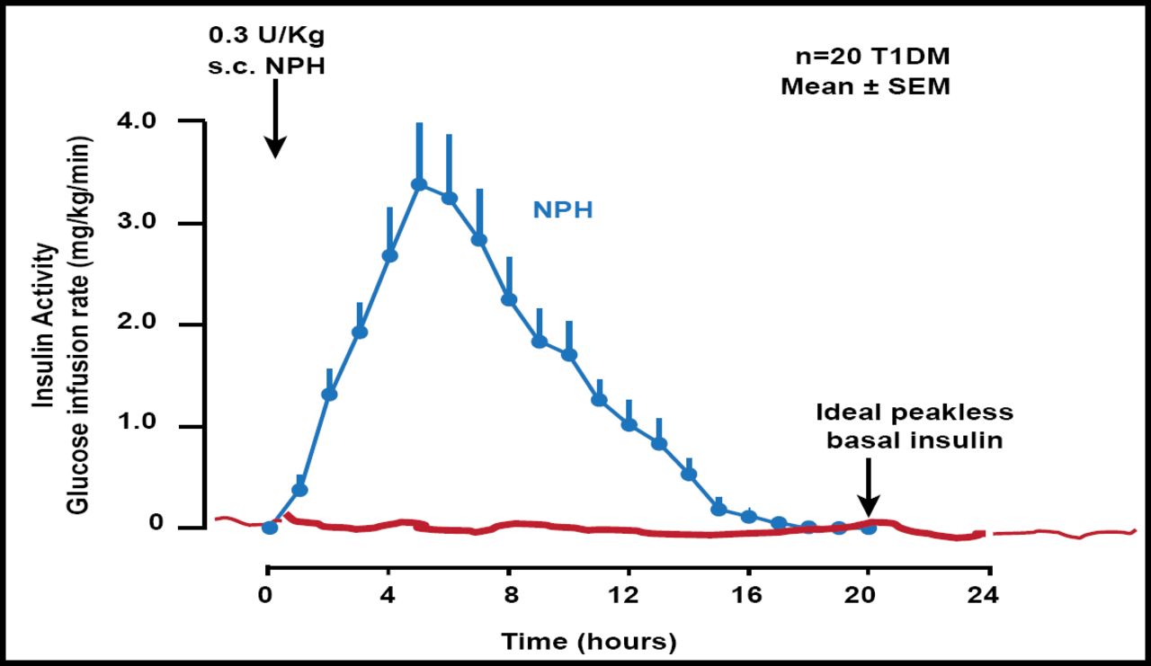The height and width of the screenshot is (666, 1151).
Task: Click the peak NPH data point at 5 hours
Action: [x=418, y=184]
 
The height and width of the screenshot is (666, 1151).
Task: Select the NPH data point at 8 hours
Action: [x=508, y=299]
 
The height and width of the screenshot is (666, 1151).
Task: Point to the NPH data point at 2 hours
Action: [x=329, y=395]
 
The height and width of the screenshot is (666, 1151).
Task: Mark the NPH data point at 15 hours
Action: [x=718, y=510]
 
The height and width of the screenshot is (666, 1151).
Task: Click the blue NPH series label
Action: [x=563, y=210]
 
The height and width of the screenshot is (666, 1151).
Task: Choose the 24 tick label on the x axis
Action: [x=988, y=595]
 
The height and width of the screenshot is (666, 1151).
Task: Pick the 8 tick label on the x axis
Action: [x=509, y=595]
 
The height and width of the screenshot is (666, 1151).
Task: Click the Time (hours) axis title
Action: [x=588, y=642]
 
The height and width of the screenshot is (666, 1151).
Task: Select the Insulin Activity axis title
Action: [x=43, y=331]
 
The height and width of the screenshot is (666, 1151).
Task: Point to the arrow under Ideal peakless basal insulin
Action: [x=869, y=485]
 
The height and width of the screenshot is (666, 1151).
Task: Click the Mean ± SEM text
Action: [x=865, y=87]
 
